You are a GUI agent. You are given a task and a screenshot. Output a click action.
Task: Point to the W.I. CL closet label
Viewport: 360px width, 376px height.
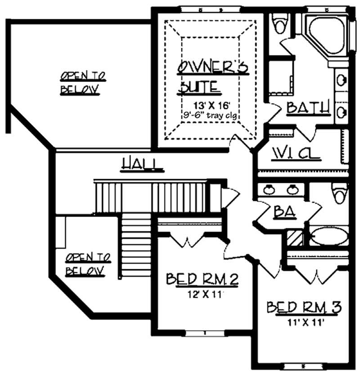pos(296,154)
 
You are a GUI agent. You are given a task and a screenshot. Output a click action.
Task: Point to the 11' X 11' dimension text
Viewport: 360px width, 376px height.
pos(306,322)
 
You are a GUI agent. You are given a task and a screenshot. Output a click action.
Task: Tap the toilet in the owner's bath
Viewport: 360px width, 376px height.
pos(280,23)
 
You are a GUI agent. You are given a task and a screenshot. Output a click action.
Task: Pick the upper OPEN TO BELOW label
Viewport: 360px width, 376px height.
pos(83,82)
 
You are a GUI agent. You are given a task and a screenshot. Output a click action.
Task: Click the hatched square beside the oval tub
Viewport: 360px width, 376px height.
pos(295,237)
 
